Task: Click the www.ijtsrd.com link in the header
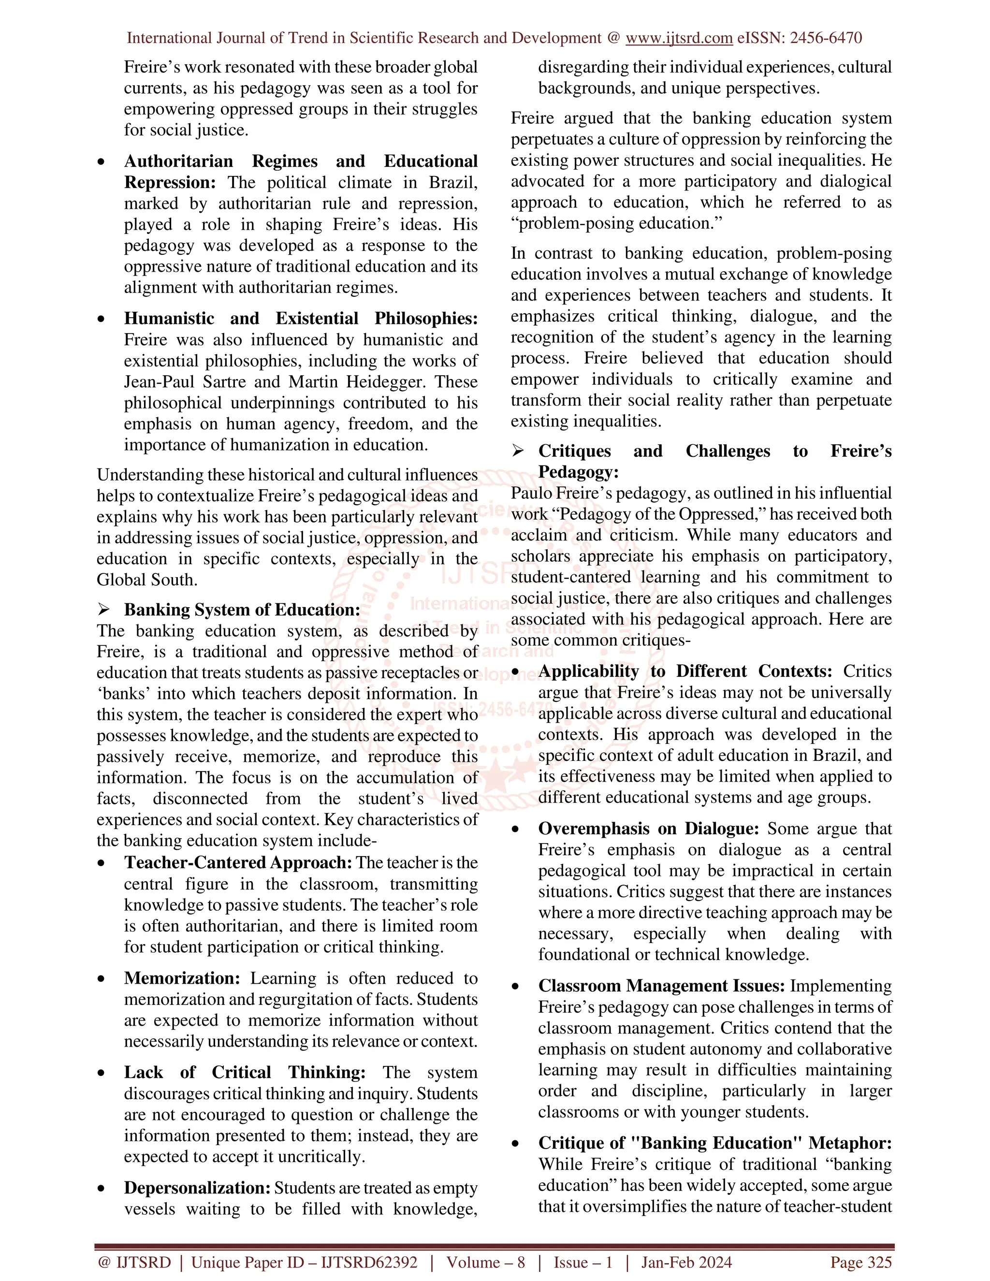click(x=679, y=38)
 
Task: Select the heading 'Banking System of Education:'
click(x=242, y=610)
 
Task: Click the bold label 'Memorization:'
click(x=182, y=978)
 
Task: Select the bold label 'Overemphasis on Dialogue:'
click(x=648, y=829)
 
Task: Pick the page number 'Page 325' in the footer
click(x=860, y=1262)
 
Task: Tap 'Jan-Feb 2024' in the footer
click(x=686, y=1262)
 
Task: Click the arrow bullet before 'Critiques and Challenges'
click(x=517, y=451)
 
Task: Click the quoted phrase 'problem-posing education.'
click(x=616, y=223)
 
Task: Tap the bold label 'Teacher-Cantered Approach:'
click(x=237, y=863)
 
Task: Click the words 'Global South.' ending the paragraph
click(x=146, y=580)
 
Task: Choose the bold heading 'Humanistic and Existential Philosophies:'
click(x=300, y=319)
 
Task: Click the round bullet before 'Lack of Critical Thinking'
click(x=102, y=1073)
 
